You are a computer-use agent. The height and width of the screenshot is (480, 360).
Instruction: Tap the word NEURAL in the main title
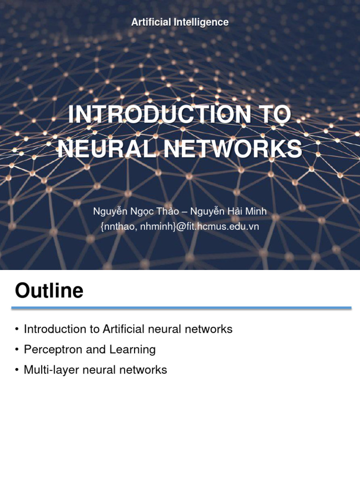98,149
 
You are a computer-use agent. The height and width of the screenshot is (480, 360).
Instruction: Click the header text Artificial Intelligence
180,22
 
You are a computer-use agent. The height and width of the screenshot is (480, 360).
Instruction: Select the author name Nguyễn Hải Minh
228,212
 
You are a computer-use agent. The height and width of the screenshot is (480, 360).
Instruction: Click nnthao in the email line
119,226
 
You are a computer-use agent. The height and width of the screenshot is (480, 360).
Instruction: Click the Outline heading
49,291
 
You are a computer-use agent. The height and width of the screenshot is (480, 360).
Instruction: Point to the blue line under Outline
181,308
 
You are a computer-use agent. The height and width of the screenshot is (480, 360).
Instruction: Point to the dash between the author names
184,212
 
